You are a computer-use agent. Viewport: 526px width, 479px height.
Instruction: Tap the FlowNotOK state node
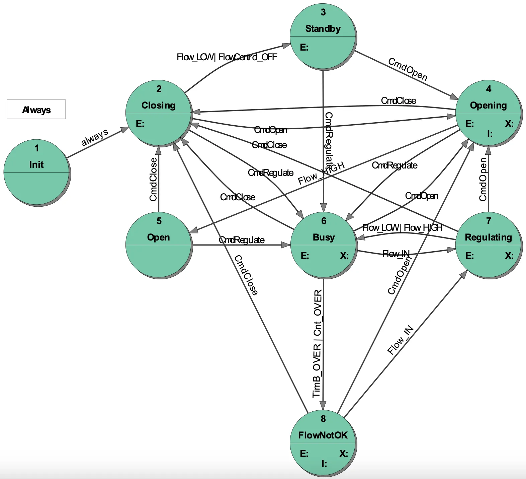point(323,442)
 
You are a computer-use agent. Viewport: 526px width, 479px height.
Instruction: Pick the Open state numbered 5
point(158,245)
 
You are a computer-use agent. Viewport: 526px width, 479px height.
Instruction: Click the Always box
point(36,110)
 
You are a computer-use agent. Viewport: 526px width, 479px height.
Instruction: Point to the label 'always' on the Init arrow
point(95,137)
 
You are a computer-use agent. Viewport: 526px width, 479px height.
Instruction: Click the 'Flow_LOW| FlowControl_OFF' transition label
point(227,57)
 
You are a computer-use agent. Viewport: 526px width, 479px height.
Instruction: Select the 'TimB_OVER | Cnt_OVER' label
point(317,344)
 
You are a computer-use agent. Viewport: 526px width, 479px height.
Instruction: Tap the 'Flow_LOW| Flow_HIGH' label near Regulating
point(402,228)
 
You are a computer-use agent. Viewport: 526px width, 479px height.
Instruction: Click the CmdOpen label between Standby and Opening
point(408,69)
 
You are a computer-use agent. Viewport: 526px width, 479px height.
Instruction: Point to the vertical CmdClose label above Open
point(153,180)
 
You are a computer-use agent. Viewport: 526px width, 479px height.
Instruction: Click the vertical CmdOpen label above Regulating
point(483,180)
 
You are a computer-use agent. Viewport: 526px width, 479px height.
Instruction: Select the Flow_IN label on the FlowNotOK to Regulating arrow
point(400,340)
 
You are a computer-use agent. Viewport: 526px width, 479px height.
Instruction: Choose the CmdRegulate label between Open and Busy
point(241,240)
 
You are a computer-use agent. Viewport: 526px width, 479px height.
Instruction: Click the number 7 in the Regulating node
point(488,221)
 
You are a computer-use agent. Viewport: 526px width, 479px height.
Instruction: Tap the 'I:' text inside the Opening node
point(490,134)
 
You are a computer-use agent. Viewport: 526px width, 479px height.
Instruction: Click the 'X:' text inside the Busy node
point(344,256)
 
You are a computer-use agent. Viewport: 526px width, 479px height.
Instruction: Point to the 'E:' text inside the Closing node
point(140,124)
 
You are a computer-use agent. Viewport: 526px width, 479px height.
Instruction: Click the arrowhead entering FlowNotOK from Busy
point(323,405)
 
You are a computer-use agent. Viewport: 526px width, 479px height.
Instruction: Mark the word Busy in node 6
point(323,237)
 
